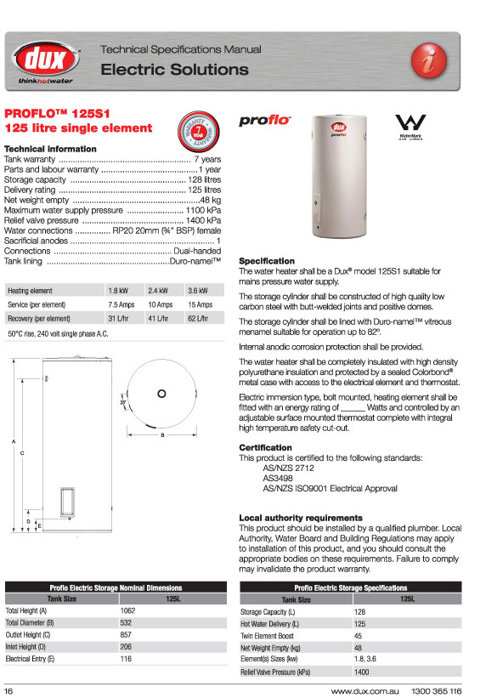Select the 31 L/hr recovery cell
coord(117,318)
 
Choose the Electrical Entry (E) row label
coord(31,659)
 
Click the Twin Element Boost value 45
coord(358,635)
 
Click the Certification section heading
coord(265,447)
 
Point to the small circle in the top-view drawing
coord(161,393)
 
